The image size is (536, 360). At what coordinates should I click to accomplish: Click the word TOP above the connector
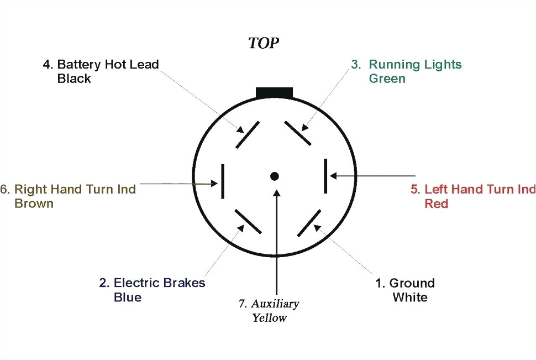tap(264, 44)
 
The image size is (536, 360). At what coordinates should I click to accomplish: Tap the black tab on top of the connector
tap(274, 93)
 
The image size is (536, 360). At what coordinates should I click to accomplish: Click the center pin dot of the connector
tap(274, 176)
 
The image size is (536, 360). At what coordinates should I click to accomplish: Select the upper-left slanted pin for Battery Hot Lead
tap(248, 135)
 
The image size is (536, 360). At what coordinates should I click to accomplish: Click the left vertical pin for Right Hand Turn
tap(222, 181)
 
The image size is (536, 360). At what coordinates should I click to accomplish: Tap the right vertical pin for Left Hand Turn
tap(326, 177)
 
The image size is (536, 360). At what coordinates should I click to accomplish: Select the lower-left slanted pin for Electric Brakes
tap(248, 221)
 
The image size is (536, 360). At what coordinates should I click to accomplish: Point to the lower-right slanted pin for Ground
tap(309, 223)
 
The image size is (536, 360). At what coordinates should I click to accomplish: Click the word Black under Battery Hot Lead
tap(74, 79)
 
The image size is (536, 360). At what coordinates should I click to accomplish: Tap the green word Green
tap(387, 79)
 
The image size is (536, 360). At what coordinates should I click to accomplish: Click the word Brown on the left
tap(34, 204)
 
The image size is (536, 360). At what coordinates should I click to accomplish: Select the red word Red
tap(436, 204)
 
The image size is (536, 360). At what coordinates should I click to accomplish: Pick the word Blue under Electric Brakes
tap(127, 298)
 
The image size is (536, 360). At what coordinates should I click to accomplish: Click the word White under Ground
tap(410, 298)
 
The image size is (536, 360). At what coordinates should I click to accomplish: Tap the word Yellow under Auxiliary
tap(270, 318)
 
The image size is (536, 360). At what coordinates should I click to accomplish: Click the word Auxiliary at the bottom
tap(275, 304)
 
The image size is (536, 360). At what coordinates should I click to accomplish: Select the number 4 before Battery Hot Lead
tap(46, 64)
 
